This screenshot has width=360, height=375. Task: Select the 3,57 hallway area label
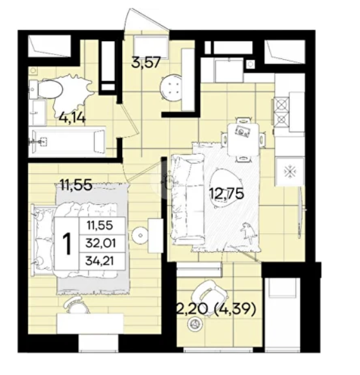point(145,63)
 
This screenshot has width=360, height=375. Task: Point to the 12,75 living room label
point(226,194)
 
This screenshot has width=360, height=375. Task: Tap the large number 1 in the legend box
point(66,243)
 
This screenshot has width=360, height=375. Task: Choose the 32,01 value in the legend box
point(101,243)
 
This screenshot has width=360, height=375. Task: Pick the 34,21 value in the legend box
point(100,261)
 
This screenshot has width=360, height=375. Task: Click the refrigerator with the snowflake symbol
point(290,171)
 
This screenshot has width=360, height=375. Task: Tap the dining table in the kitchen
point(243,139)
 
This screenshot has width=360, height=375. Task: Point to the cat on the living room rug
point(248,232)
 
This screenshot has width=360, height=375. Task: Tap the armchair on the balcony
point(210,297)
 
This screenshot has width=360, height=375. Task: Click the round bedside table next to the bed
point(141,235)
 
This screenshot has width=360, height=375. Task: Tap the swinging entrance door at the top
point(145,20)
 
